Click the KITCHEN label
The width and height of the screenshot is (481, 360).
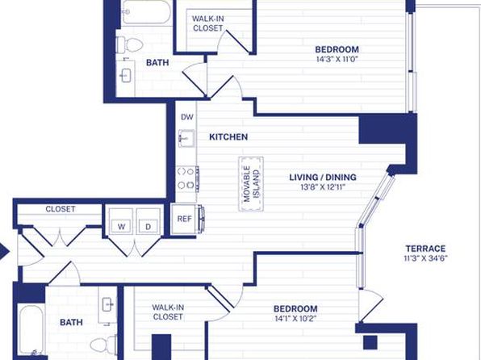click(228, 137)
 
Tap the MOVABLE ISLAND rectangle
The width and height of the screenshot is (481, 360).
click(251, 184)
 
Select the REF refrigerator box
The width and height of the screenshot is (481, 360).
click(184, 219)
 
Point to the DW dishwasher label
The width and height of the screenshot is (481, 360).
click(187, 117)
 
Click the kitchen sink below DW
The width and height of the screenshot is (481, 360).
click(186, 138)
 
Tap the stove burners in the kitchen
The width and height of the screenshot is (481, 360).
click(186, 179)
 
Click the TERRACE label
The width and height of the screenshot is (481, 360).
click(425, 249)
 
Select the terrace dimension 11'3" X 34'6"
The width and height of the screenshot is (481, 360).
click(426, 258)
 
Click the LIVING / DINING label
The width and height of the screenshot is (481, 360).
click(323, 177)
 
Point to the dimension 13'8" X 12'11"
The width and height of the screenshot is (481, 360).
click(323, 187)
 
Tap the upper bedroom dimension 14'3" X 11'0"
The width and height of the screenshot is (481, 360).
click(337, 59)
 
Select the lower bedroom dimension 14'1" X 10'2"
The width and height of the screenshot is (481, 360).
click(295, 318)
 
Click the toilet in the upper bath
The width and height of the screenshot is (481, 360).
click(130, 45)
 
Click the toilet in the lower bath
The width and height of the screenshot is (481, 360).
click(103, 344)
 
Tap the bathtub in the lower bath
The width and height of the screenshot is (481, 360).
click(31, 331)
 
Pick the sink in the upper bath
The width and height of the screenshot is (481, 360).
click(126, 75)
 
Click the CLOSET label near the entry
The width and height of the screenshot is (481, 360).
click(60, 209)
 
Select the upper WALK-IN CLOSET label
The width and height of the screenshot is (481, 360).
click(208, 23)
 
